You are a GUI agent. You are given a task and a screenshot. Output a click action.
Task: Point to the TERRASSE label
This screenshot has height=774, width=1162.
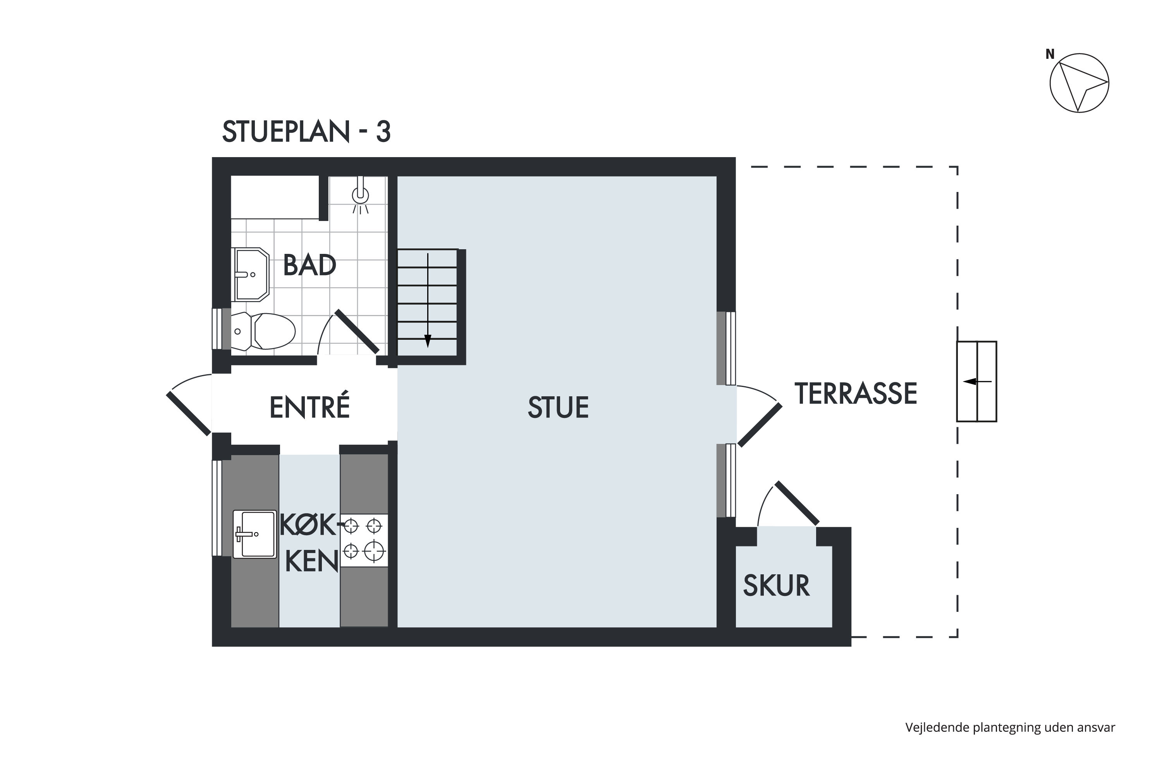pyautogui.click(x=856, y=394)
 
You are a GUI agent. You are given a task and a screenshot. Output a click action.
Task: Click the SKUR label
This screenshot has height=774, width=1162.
pyautogui.click(x=776, y=586)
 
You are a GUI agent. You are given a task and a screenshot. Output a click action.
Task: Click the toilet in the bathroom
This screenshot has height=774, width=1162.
pyautogui.click(x=263, y=331)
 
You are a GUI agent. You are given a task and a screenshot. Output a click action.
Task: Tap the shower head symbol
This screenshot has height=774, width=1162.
pyautogui.click(x=360, y=195)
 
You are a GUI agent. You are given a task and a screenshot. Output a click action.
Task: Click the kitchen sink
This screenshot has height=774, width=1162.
pyautogui.click(x=254, y=534)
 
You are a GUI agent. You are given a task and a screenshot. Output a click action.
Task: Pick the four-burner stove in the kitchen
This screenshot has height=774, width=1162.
pyautogui.click(x=364, y=540)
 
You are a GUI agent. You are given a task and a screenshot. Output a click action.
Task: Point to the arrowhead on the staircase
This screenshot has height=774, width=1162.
pyautogui.click(x=428, y=341)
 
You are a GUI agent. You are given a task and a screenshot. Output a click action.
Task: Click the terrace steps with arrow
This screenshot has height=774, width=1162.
pyautogui.click(x=977, y=382)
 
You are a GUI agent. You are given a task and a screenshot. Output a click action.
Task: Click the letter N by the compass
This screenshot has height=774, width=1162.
pyautogui.click(x=1050, y=54)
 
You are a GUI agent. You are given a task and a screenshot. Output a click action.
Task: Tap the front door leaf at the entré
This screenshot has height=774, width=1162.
pyautogui.click(x=189, y=414)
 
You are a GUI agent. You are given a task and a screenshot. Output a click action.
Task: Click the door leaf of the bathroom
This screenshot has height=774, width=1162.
pyautogui.click(x=357, y=331)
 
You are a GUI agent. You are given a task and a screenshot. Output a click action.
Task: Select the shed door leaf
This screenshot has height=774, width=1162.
pyautogui.click(x=797, y=503)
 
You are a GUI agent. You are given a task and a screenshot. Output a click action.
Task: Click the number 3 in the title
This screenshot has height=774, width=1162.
pyautogui.click(x=383, y=132)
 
